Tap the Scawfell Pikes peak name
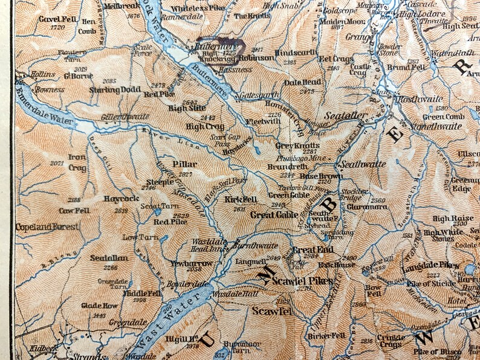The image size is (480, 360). [299, 280]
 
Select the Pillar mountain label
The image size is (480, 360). [184, 164]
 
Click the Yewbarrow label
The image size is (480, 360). [185, 263]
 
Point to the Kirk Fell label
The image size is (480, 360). [241, 199]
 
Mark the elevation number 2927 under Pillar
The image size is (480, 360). [186, 174]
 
